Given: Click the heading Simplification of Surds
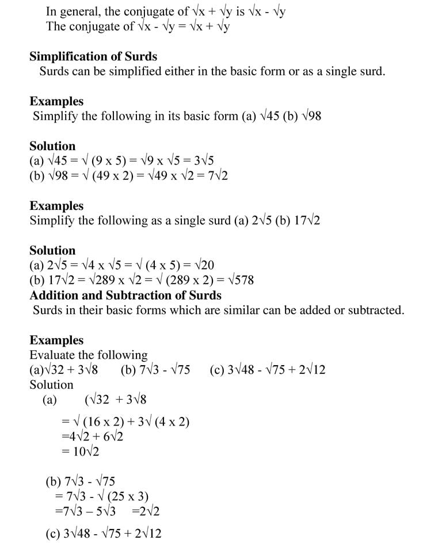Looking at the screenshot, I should tap(93, 56).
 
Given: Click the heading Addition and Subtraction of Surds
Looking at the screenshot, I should tap(125, 295).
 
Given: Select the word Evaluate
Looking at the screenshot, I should tap(51, 355).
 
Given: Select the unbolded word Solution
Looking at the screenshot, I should tap(51, 384).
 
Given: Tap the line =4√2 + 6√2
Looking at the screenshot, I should tap(92, 436).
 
